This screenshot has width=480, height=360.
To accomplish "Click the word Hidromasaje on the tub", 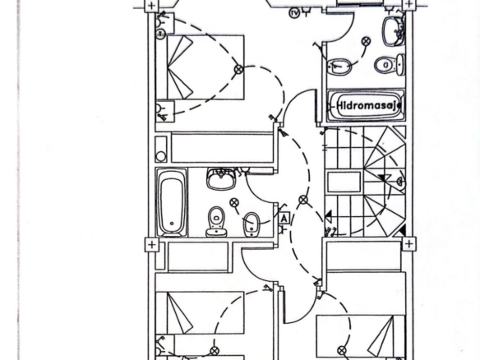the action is click(x=369, y=105).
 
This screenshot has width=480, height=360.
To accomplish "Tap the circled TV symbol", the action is click(x=294, y=13).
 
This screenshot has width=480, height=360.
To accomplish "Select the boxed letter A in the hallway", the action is click(x=284, y=219).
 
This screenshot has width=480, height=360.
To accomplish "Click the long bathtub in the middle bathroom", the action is click(x=172, y=202).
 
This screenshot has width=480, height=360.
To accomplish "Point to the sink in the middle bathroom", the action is click(x=221, y=178).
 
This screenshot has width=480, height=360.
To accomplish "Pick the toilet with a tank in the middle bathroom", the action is click(x=216, y=221).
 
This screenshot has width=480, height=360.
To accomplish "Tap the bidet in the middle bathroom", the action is click(x=252, y=224).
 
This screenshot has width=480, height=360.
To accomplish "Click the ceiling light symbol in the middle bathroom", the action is click(x=234, y=202).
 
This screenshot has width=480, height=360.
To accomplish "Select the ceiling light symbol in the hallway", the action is click(x=303, y=200).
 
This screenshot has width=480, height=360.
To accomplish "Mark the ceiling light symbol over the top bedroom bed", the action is click(x=239, y=69).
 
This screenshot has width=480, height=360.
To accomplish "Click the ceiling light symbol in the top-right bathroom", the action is click(x=366, y=41).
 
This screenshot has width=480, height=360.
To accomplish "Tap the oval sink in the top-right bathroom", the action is click(x=394, y=31).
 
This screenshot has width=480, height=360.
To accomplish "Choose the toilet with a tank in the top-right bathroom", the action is click(x=390, y=65).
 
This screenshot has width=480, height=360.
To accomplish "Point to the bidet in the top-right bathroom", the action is click(x=339, y=67).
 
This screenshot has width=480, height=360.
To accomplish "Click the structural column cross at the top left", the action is click(x=151, y=6).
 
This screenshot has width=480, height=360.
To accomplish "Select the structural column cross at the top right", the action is click(x=408, y=5).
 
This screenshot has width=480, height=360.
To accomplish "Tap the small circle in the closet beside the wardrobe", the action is click(x=161, y=156).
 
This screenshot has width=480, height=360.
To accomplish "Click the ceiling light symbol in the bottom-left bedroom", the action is click(x=215, y=351).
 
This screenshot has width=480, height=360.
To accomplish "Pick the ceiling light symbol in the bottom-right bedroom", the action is click(x=342, y=350).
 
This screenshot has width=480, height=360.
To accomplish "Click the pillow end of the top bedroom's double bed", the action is click(x=180, y=67).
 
